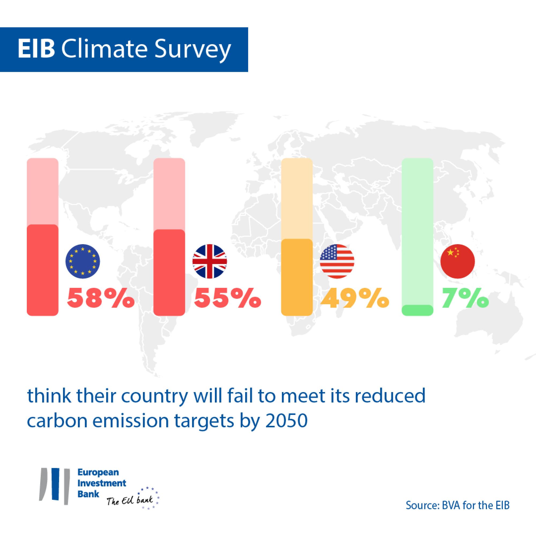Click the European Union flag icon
coord(82,261)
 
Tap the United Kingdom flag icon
coord(210,261)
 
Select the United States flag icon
coord(337,261)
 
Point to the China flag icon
coord(457,261)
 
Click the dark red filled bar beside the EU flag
coord(42,270)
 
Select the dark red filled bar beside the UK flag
coord(169,273)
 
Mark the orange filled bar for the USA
coord(297,277)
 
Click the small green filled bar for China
coord(417,310)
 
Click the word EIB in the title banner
coord(36,49)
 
